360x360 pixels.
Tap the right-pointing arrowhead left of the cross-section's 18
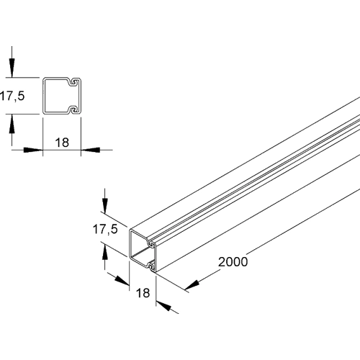click(x=32, y=150)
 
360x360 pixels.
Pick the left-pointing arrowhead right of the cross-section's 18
click(x=91, y=150)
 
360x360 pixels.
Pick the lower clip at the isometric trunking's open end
click(x=150, y=267)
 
